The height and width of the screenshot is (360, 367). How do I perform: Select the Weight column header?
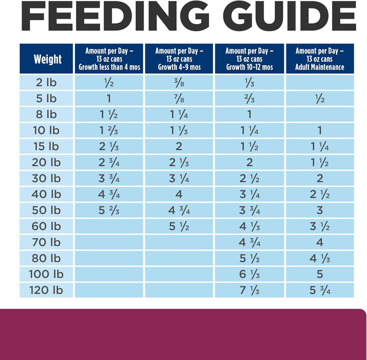click(x=47, y=59)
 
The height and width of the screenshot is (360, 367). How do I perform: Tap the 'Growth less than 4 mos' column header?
click(x=109, y=59)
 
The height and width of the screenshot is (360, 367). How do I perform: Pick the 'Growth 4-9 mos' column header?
click(x=179, y=59)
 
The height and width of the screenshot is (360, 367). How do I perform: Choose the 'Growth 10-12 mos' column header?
click(x=249, y=59)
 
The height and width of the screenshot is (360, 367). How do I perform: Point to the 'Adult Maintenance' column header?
click(x=320, y=59)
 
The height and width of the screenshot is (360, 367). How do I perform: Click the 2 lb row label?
click(x=47, y=82)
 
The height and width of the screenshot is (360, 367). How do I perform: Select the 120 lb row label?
click(x=47, y=290)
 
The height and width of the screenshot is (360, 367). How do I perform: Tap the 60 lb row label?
click(x=47, y=227)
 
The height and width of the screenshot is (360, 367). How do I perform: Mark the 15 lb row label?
click(x=47, y=147)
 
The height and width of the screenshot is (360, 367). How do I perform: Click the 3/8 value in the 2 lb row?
click(x=179, y=82)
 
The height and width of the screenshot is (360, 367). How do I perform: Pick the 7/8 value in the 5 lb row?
click(x=179, y=98)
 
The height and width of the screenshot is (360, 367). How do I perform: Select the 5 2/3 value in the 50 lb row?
click(x=109, y=210)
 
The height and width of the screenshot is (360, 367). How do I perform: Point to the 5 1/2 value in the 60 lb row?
click(x=179, y=227)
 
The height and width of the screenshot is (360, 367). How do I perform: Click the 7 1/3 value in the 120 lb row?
click(x=249, y=290)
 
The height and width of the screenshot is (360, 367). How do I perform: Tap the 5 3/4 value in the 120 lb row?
click(x=320, y=290)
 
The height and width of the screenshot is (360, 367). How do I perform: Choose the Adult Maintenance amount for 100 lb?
click(x=320, y=274)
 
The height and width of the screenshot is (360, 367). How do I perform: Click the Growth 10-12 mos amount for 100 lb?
click(x=249, y=274)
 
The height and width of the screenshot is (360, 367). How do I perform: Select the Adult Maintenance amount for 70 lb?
click(x=320, y=242)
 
